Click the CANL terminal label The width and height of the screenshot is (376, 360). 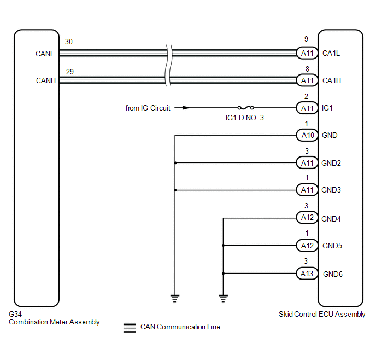coord(45,54)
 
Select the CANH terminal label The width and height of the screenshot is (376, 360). coord(46,80)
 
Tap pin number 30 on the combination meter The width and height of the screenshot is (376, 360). coord(69,42)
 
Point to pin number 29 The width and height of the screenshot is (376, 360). coord(70,72)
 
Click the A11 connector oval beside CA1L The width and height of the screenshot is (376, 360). coord(307,53)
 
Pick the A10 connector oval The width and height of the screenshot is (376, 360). coord(307,135)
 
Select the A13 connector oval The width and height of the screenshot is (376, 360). coord(307,274)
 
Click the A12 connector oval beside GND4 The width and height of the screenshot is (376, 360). coord(307,217)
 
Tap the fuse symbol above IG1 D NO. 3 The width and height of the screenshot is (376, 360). coord(245,108)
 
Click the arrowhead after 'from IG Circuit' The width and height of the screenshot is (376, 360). coord(186,108)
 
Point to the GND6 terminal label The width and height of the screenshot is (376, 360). coord(333,274)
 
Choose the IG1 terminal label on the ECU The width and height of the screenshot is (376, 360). coord(327,108)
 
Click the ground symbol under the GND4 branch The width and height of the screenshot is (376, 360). coord(223,298)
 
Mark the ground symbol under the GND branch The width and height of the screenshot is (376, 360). coord(175,298)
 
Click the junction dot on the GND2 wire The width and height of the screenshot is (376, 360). coord(175,163)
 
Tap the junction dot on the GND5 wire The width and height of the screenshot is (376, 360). coord(223,246)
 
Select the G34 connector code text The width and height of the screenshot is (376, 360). coord(15,314)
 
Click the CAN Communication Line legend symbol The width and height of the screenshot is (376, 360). coord(130,328)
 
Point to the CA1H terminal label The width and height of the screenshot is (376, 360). coord(332,80)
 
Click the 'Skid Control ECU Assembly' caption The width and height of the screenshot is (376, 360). coord(322,314)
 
